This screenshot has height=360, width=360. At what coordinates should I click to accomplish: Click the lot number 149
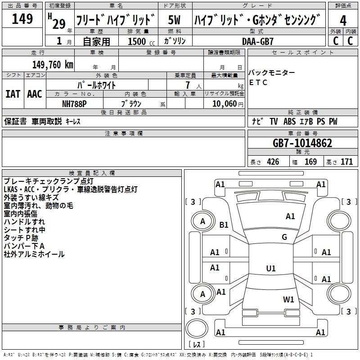(x=22, y=19)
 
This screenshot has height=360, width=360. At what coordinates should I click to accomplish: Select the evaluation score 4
(x=343, y=20)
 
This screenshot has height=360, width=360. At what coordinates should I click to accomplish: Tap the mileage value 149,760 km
(x=53, y=64)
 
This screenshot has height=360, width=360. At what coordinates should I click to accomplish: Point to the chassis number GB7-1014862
(x=302, y=144)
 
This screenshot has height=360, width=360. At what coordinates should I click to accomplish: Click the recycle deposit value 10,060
(x=221, y=103)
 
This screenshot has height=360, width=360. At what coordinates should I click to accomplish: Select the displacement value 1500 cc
(x=137, y=41)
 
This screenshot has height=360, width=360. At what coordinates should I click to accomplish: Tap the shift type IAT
(x=13, y=94)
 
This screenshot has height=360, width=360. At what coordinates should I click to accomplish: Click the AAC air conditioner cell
(x=34, y=94)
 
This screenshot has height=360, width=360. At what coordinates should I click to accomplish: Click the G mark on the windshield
(x=284, y=237)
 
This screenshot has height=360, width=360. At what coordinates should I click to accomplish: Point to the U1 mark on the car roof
(x=270, y=269)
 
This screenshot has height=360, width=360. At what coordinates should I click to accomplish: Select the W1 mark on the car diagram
(x=288, y=299)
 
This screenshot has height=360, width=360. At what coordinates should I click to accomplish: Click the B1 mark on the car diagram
(x=224, y=225)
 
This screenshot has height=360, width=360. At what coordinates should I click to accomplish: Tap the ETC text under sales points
(x=258, y=82)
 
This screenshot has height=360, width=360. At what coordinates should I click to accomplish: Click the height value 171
(x=346, y=162)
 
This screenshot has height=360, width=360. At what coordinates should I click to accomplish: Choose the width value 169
(x=310, y=162)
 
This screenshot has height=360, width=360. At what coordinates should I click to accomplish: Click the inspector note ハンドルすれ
(x=24, y=222)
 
